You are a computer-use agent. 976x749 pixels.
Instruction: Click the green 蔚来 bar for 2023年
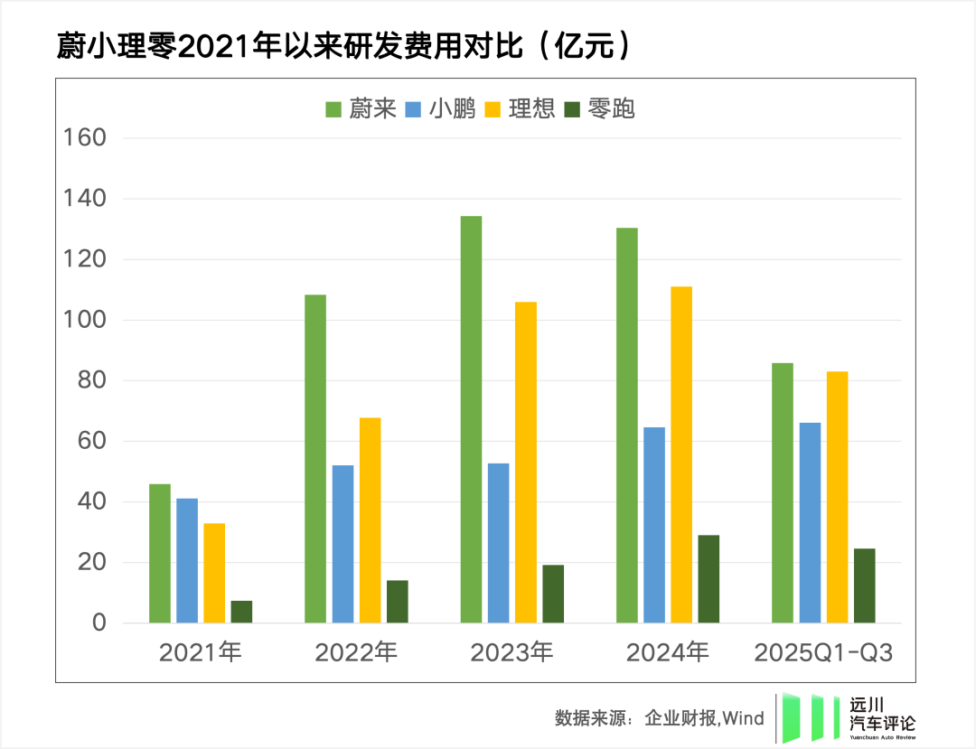(471, 419)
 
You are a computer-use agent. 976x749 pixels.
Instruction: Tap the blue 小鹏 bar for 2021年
(187, 560)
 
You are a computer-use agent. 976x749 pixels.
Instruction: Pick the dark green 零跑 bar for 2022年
(397, 601)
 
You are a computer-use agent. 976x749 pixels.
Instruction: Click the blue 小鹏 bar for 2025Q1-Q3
(810, 522)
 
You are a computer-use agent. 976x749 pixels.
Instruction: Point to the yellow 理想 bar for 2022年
(370, 520)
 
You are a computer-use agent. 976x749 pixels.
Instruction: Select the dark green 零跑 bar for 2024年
(709, 578)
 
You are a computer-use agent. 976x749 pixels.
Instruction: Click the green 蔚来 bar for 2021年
(160, 553)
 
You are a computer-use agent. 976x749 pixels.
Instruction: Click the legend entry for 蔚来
(361, 109)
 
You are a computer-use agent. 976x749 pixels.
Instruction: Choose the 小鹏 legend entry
(441, 109)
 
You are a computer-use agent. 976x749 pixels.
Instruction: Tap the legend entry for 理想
(520, 109)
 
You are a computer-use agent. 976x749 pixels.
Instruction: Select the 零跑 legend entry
(600, 109)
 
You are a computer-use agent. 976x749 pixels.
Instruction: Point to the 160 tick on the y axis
(84, 138)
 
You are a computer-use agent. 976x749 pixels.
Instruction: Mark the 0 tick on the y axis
(99, 623)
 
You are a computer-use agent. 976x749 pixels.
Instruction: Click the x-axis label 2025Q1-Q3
(823, 652)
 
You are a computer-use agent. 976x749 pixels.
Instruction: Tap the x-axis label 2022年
(356, 652)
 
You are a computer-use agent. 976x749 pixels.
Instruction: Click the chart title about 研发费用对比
(343, 46)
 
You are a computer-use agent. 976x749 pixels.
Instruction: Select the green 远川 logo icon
(803, 718)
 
